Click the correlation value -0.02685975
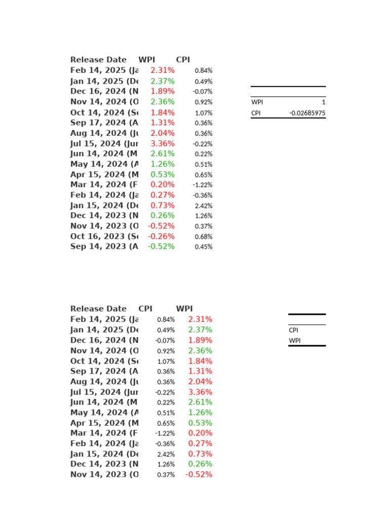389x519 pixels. (x=307, y=113)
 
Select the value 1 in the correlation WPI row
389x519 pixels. (x=323, y=102)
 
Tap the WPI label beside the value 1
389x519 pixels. (x=257, y=102)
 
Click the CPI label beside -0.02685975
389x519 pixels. (x=256, y=113)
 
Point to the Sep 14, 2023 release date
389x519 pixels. (x=104, y=246)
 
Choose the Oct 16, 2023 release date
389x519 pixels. (x=104, y=236)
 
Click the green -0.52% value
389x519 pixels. (x=161, y=246)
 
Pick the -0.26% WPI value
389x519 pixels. (x=161, y=236)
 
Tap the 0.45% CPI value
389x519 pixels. (x=204, y=247)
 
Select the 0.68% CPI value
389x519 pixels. (x=204, y=237)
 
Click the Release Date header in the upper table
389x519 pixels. (x=98, y=60)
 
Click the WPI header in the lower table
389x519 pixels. (x=184, y=309)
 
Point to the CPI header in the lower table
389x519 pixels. (x=145, y=309)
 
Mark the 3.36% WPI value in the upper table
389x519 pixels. (x=163, y=143)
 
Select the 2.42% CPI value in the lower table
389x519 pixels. (x=166, y=454)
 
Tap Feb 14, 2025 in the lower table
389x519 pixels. (x=104, y=319)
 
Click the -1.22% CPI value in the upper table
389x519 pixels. (x=203, y=185)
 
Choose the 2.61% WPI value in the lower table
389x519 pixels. (x=200, y=402)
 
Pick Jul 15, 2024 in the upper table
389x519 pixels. (x=104, y=143)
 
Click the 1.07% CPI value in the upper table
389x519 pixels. (x=204, y=113)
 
